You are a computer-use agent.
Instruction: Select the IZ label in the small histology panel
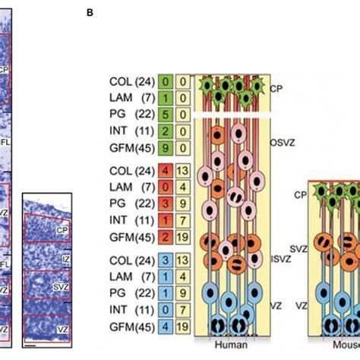pyautogui.click(x=66, y=261)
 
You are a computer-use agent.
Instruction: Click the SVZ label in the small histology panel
pyautogui.click(x=66, y=285)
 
